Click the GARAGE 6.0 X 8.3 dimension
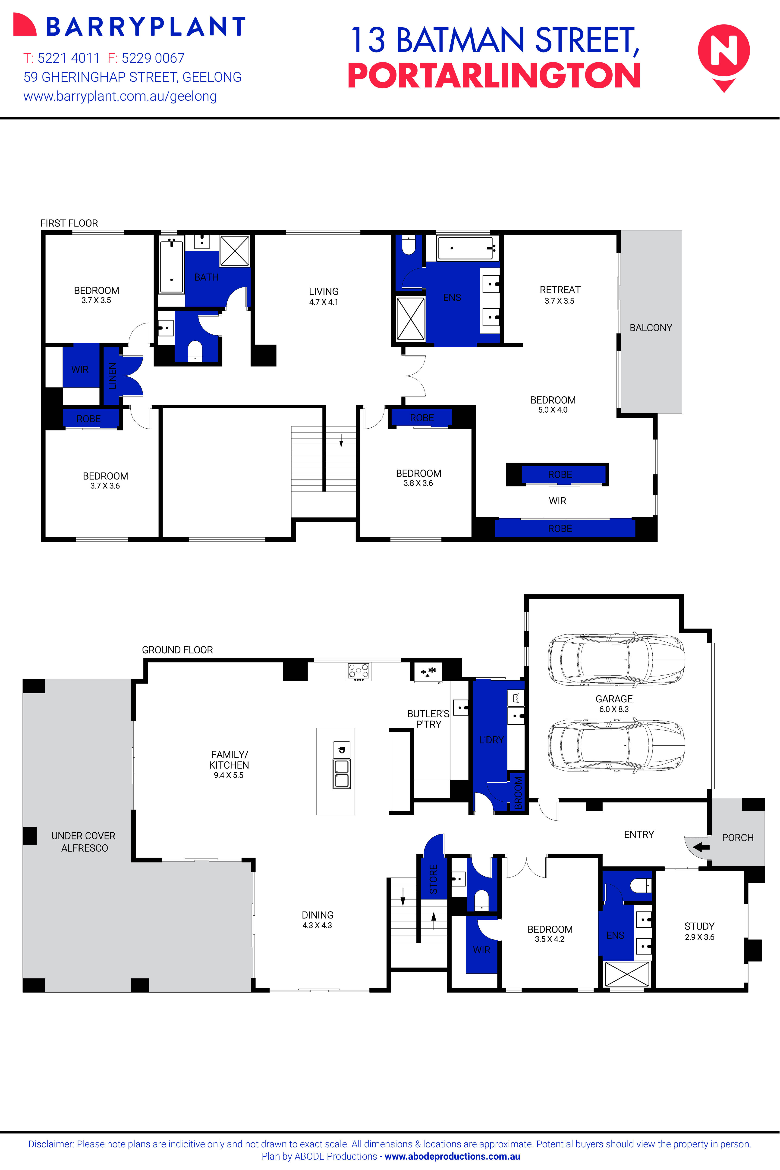point(614,709)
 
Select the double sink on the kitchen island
point(341,773)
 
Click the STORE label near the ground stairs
point(433,879)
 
